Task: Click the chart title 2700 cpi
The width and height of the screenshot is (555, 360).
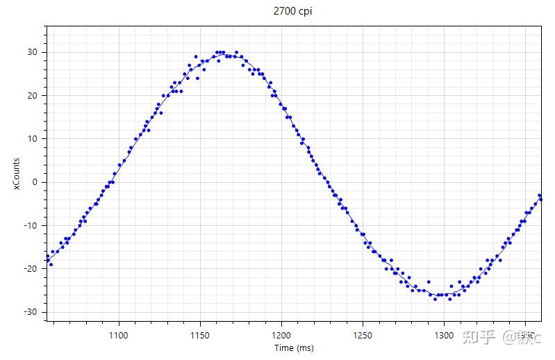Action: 292,12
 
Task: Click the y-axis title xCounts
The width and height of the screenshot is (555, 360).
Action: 15,174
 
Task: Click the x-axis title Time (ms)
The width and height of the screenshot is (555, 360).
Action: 292,347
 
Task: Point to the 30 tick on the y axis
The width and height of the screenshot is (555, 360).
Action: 33,52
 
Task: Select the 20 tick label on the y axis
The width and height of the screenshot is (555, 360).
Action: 33,95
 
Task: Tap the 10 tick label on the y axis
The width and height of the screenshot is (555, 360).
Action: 33,138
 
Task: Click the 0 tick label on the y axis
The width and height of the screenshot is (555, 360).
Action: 35,182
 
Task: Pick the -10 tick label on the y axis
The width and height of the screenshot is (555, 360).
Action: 31,225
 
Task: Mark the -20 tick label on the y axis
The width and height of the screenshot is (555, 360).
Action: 31,268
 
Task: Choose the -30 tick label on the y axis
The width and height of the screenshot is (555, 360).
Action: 31,311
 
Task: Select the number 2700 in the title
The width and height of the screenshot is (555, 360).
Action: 284,12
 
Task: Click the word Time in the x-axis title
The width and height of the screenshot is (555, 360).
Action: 283,347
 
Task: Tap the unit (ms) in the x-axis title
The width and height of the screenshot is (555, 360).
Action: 304,347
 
